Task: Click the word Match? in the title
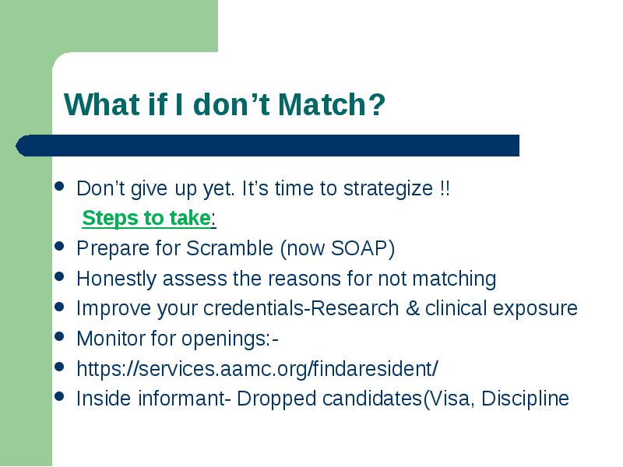click(332, 105)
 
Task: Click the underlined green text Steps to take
click(146, 218)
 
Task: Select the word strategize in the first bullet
click(388, 188)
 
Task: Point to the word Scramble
click(230, 248)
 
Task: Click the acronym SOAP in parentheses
click(360, 248)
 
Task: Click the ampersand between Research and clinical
click(412, 308)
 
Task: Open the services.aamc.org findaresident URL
click(257, 369)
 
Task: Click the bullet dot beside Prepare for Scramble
click(60, 246)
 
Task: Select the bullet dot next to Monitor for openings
click(60, 337)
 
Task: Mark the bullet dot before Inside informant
click(60, 396)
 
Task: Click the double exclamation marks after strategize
click(445, 188)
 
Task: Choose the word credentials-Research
click(301, 308)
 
